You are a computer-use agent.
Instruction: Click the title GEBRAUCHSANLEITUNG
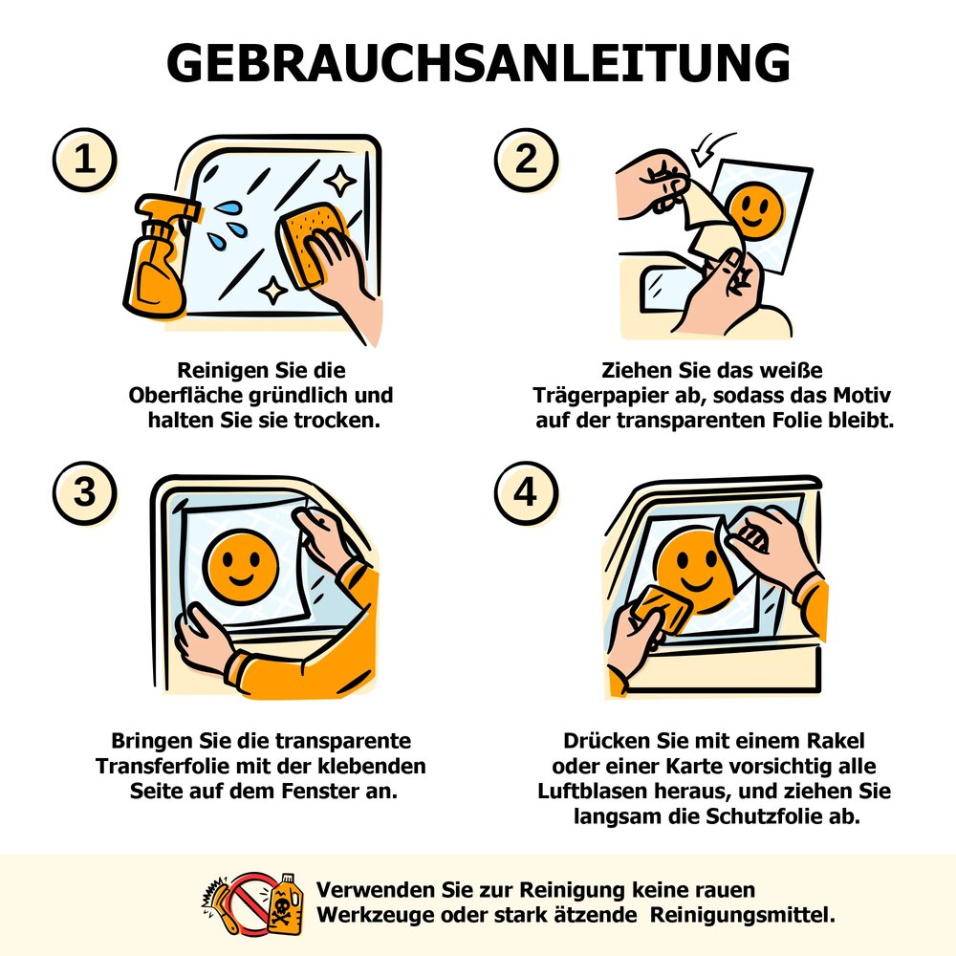point(478,62)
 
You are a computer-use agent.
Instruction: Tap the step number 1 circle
point(85,160)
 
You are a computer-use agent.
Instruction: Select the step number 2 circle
point(526,160)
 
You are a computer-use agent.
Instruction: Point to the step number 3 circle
point(85,492)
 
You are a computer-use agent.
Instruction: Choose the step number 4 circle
point(526,492)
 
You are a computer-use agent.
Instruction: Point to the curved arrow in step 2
point(710,148)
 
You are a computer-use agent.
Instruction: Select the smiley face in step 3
point(240,567)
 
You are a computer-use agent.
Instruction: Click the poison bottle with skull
point(285,904)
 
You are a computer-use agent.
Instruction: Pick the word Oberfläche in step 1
point(186,395)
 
